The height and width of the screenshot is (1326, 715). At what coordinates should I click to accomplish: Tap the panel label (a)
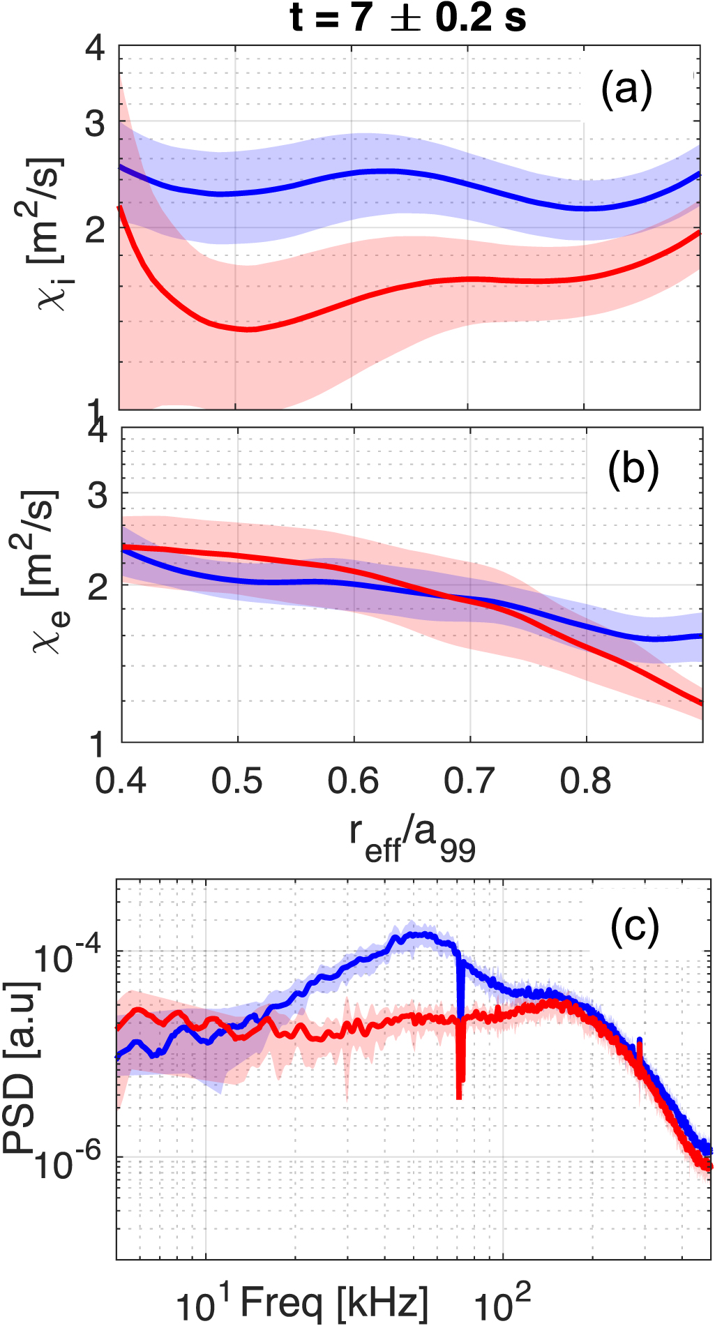(626, 90)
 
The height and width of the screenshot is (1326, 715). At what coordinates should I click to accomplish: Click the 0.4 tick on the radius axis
(121, 781)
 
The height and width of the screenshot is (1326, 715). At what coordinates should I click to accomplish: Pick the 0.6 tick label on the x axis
(354, 781)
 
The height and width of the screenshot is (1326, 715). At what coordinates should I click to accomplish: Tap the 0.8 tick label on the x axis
(586, 781)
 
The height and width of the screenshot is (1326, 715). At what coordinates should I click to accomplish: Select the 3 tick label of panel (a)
(96, 125)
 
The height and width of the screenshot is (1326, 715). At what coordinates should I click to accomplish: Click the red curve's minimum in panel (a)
(248, 329)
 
